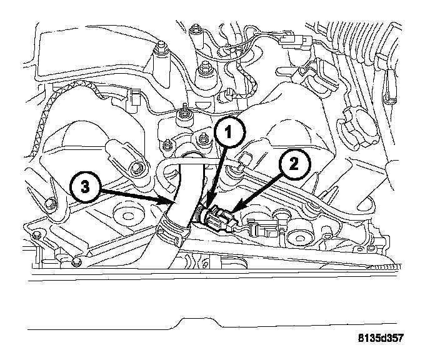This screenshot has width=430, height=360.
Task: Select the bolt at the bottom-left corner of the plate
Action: [x=38, y=236]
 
